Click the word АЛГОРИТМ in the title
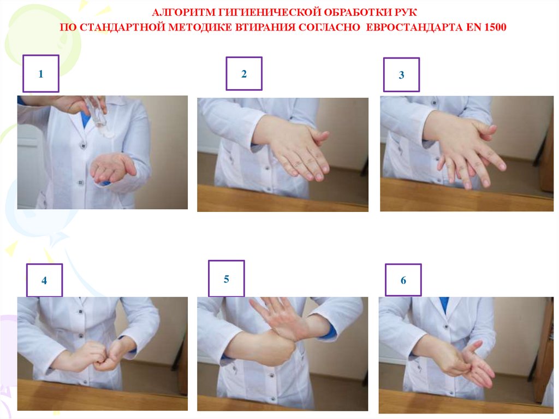[183, 13]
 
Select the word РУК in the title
[406, 13]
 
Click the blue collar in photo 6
[444, 306]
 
